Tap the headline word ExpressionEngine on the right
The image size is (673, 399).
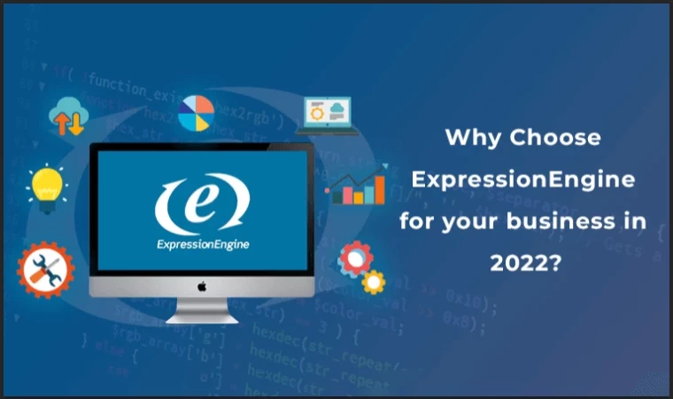(x=523, y=180)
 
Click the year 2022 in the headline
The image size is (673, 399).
(x=522, y=263)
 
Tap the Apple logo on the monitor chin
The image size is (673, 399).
(x=201, y=287)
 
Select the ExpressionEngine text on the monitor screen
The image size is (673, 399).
(x=201, y=245)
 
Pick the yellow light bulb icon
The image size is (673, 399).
(x=46, y=184)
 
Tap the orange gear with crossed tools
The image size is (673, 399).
(x=46, y=269)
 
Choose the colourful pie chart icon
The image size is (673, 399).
(x=197, y=112)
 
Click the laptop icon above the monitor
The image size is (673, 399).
(x=329, y=116)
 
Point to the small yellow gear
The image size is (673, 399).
(x=374, y=282)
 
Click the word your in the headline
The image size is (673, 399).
(x=482, y=221)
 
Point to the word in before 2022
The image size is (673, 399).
(x=638, y=221)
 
